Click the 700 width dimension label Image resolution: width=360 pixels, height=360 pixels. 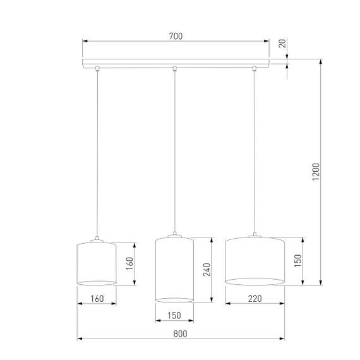pos(176,37)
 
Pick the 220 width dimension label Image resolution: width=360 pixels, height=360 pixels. pos(254,297)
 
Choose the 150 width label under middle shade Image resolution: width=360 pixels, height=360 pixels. pos(174,315)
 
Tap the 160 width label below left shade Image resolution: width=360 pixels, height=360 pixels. pos(96,297)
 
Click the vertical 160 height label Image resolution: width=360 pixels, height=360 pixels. pos(129,262)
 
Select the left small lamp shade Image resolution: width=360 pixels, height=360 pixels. pos(96,262)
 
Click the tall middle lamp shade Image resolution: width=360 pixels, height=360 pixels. pos(174,268)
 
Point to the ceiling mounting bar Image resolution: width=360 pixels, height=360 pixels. pos(176,63)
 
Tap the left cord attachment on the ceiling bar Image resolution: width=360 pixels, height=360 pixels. pos(97,68)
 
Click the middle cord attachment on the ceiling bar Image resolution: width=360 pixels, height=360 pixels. pos(175,68)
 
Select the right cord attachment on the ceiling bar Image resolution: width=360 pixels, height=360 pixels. pos(255,68)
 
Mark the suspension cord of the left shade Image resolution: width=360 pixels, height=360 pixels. pos(97,152)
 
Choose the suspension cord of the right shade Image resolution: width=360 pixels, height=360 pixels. pos(255,152)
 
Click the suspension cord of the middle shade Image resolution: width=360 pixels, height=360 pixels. pos(175,152)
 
